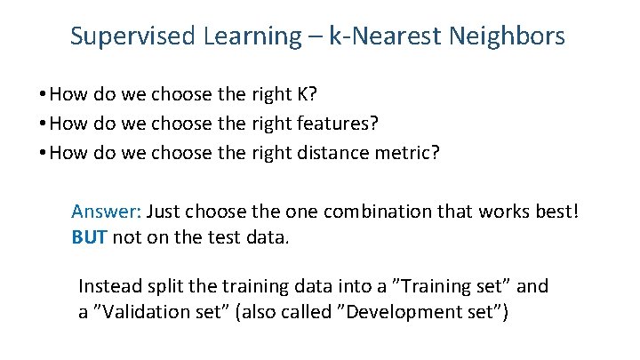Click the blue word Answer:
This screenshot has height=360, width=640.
107,212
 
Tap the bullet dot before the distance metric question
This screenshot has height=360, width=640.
43,153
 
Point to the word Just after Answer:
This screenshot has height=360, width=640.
164,212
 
